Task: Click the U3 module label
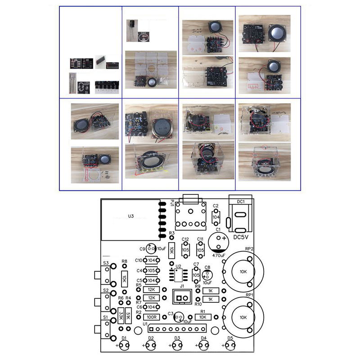coord(131,216)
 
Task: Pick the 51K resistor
coord(128,316)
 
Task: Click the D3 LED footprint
coord(177,345)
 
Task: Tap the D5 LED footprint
coord(230,345)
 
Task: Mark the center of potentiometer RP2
coord(243,272)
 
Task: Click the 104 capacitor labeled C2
coord(216,216)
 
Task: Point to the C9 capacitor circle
coord(151,248)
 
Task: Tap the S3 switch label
coord(106,263)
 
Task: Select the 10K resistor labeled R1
coord(202,317)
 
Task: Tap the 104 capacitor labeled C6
coord(152,307)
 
